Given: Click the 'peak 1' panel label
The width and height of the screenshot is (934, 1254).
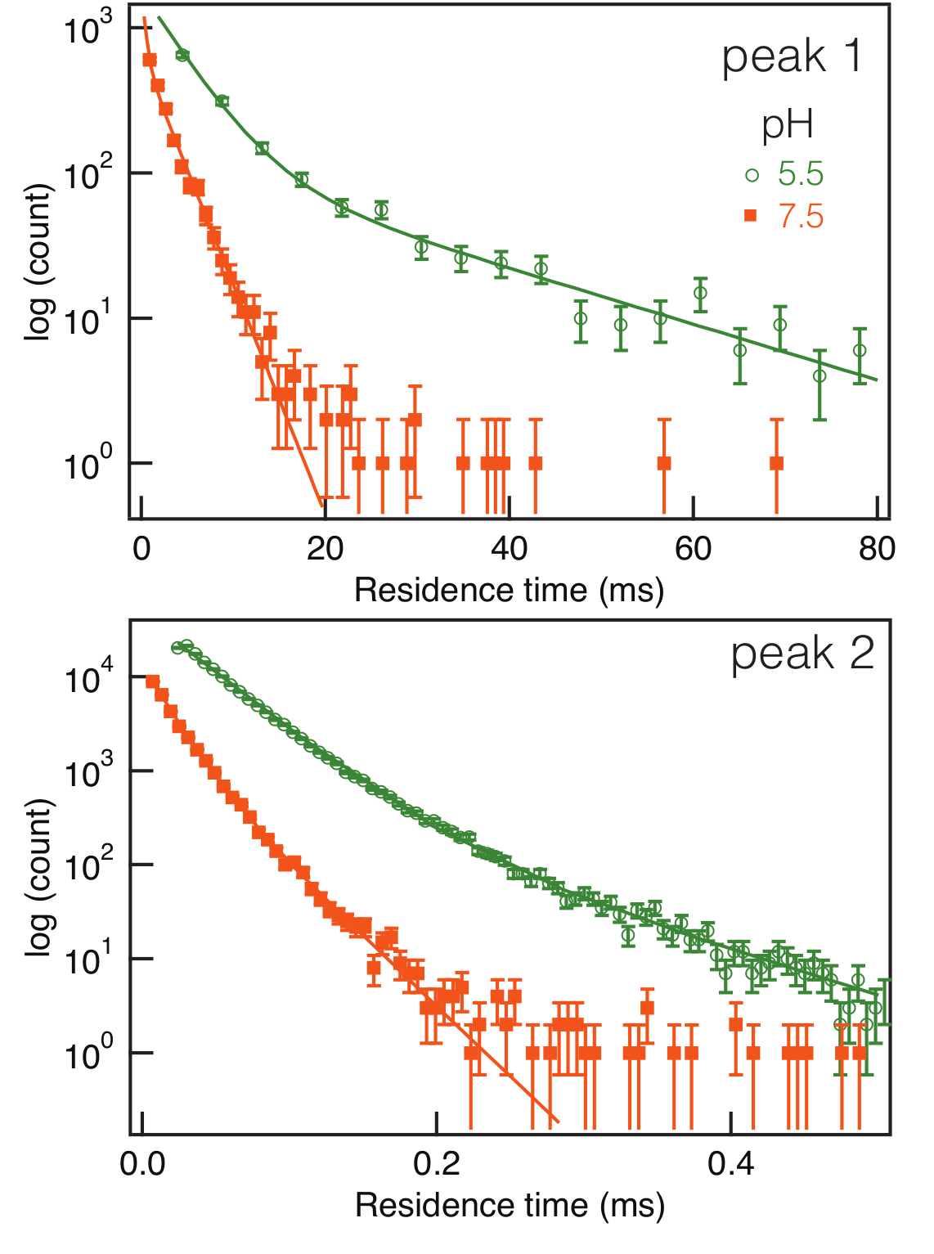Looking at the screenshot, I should coord(792,57).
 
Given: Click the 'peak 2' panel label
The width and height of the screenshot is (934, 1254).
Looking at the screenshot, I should coord(802,654).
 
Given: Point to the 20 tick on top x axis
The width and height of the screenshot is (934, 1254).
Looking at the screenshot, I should coord(325,548).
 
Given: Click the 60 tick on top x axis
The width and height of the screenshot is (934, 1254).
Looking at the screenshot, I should coord(693,548).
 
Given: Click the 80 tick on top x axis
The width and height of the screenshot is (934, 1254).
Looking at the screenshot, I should coord(877,548).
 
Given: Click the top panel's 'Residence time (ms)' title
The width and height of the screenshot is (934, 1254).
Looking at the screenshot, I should coord(509,590).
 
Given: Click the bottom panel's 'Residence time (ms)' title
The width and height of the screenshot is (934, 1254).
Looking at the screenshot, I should coord(509,1205).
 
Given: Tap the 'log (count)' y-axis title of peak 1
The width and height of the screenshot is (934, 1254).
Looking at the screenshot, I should coord(39,262).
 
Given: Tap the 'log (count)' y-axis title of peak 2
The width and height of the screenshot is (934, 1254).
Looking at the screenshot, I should coord(39,877).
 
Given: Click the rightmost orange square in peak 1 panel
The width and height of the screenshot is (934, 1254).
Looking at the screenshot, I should coord(776,464).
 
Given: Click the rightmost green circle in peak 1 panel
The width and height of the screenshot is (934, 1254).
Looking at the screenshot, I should coord(860,350).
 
